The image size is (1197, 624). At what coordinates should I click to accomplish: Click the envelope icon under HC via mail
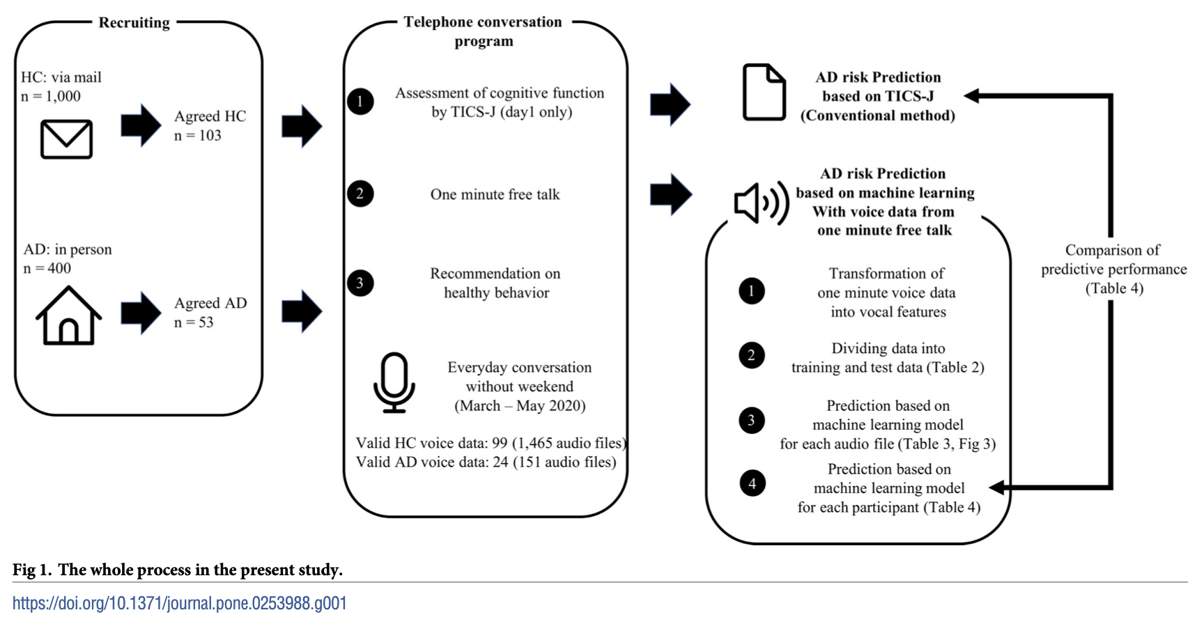(x=66, y=139)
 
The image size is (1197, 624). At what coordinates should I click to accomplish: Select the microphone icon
(x=394, y=382)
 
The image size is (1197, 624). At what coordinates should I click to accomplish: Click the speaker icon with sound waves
(x=762, y=203)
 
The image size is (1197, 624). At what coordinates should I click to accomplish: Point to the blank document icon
(x=764, y=92)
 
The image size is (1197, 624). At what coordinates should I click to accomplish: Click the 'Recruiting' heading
(x=134, y=22)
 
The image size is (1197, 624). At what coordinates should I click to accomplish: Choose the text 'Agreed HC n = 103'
(x=210, y=125)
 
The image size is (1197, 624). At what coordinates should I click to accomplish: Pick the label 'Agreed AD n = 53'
(x=210, y=313)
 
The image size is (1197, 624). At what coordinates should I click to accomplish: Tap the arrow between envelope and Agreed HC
(x=141, y=125)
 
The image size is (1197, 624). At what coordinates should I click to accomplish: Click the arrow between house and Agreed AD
(x=141, y=313)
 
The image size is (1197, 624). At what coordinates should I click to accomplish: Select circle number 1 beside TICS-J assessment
(x=360, y=102)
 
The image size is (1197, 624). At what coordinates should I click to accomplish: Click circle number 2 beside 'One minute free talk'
(x=360, y=194)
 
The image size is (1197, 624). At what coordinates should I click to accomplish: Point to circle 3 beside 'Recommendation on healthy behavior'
(x=360, y=283)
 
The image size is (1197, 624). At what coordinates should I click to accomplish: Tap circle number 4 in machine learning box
(x=752, y=483)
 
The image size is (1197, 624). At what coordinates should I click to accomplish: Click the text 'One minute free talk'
(x=495, y=194)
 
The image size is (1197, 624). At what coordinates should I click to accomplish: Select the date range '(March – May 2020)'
(x=520, y=405)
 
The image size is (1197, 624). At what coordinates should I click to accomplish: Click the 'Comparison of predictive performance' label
(x=1113, y=260)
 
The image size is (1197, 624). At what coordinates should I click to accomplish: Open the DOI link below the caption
(x=180, y=603)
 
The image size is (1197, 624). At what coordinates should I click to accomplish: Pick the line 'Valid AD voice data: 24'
(x=432, y=462)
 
